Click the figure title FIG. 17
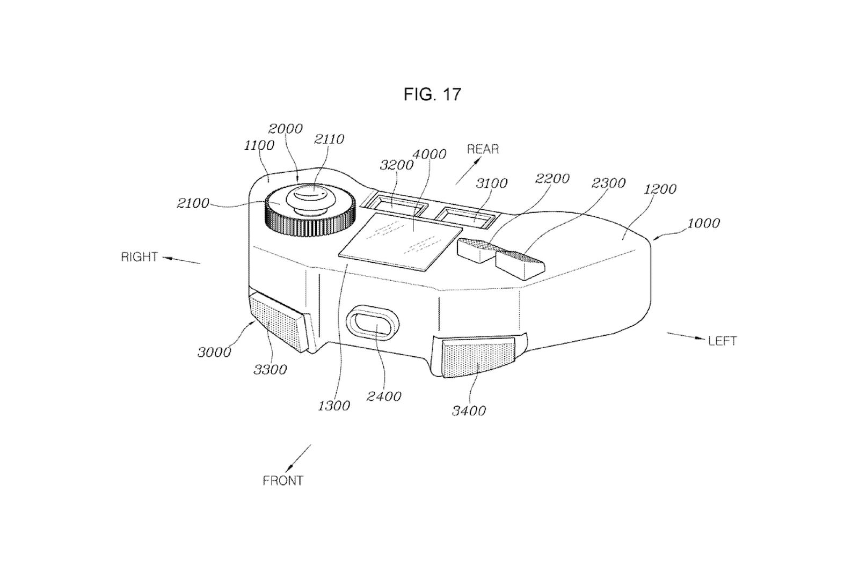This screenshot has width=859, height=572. pyautogui.click(x=432, y=94)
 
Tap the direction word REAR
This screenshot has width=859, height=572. pyautogui.click(x=483, y=149)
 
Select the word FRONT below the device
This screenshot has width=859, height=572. pyautogui.click(x=283, y=481)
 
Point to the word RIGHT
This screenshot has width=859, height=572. pyautogui.click(x=140, y=257)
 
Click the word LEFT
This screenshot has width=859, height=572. pyautogui.click(x=723, y=341)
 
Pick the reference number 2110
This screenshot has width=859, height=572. pyautogui.click(x=329, y=139)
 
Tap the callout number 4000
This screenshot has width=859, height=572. pyautogui.click(x=429, y=154)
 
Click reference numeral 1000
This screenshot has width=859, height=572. pyautogui.click(x=703, y=223)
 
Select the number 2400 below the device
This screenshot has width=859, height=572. pyautogui.click(x=384, y=396)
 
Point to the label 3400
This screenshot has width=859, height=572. pyautogui.click(x=469, y=410)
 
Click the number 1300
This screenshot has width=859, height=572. pyautogui.click(x=334, y=406)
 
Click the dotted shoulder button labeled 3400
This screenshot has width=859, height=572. pyautogui.click(x=478, y=357)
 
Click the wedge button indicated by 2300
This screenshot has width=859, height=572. pyautogui.click(x=520, y=264)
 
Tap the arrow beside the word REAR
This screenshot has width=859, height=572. pyautogui.click(x=468, y=171)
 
